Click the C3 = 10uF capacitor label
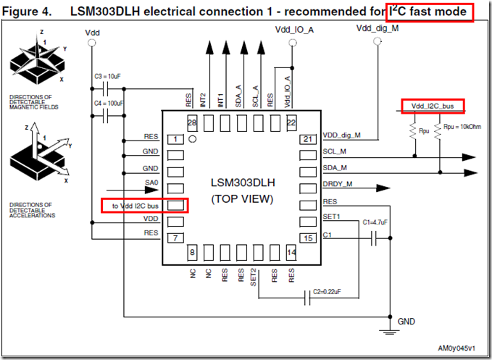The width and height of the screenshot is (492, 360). point(108,76)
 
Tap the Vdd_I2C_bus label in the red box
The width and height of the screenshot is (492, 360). point(433,107)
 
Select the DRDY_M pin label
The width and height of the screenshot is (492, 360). point(338,185)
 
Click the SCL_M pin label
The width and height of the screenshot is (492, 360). point(335,152)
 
